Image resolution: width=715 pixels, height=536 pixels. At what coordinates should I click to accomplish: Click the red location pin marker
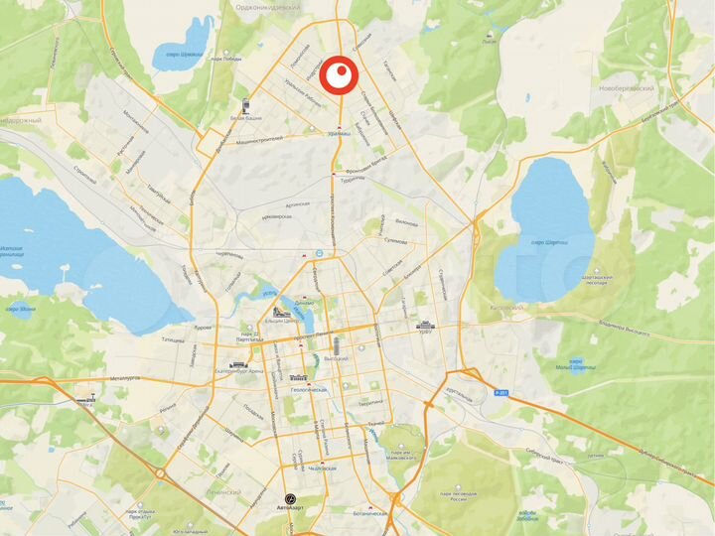[x=341, y=74]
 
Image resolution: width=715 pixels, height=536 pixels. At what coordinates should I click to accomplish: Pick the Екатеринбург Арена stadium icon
[x=238, y=364]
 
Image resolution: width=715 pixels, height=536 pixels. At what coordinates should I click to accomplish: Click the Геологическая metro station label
[x=303, y=390]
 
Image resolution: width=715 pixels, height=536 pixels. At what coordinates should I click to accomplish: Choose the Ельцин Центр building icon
[x=277, y=315]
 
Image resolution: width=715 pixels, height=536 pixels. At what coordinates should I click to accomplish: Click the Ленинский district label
[x=226, y=491]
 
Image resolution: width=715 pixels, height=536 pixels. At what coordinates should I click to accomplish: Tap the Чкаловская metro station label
[x=322, y=469]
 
